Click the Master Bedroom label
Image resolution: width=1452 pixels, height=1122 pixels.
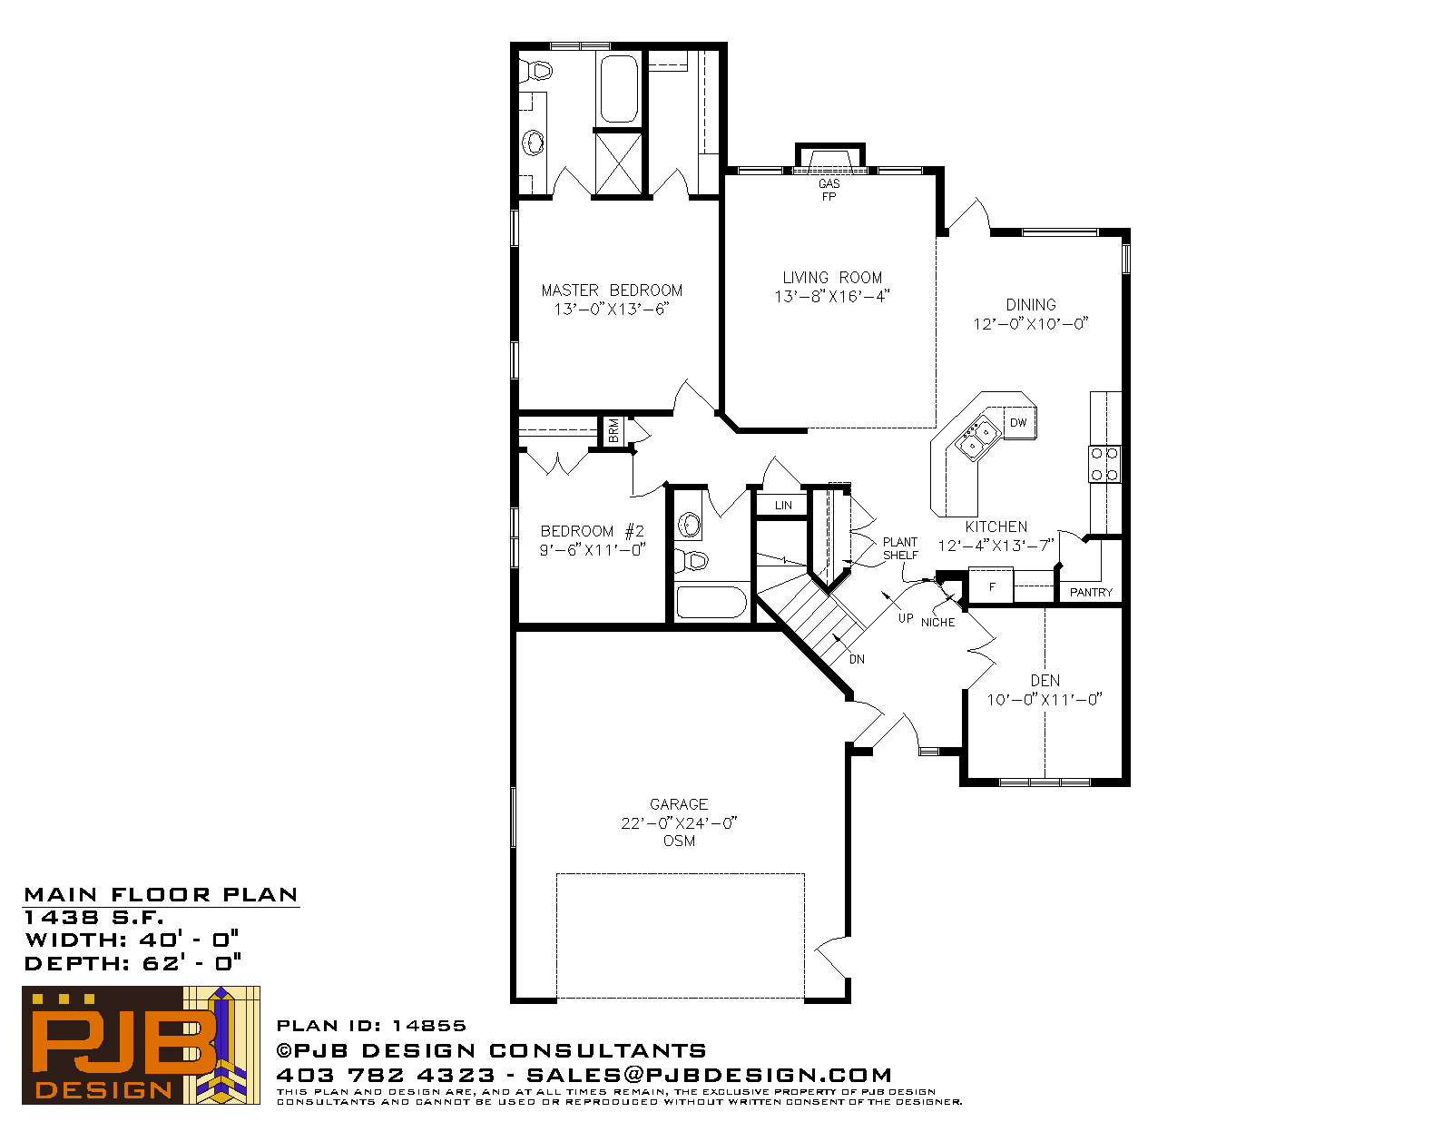tap(612, 290)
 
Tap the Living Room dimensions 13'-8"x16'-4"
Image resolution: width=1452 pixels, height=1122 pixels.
tap(832, 297)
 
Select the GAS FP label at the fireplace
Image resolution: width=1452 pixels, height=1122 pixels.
tap(829, 190)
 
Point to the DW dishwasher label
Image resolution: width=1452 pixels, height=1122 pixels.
tap(1018, 423)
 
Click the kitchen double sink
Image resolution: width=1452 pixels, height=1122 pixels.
tap(976, 438)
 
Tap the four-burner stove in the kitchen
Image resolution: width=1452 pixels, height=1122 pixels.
tap(1104, 464)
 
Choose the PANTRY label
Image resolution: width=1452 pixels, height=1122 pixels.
tap(1091, 592)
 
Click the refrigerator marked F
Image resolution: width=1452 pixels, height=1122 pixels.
tap(991, 586)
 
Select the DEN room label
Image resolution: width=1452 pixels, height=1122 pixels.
tap(1045, 681)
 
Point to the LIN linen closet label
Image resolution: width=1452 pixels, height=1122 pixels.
tap(783, 506)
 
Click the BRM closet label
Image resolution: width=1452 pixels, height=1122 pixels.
tap(613, 431)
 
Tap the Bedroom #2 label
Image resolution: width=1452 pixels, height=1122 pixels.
tap(592, 531)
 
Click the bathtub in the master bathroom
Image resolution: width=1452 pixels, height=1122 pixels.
tap(619, 89)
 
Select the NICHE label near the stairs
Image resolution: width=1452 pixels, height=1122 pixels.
tap(937, 623)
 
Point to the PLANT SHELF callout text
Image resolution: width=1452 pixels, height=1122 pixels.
tap(900, 548)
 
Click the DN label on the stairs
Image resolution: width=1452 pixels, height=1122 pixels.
tap(857, 660)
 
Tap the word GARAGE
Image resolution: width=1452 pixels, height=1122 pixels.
tap(679, 804)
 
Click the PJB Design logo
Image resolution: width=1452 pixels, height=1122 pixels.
tap(141, 1045)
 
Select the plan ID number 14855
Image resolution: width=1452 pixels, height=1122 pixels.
tap(429, 1026)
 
